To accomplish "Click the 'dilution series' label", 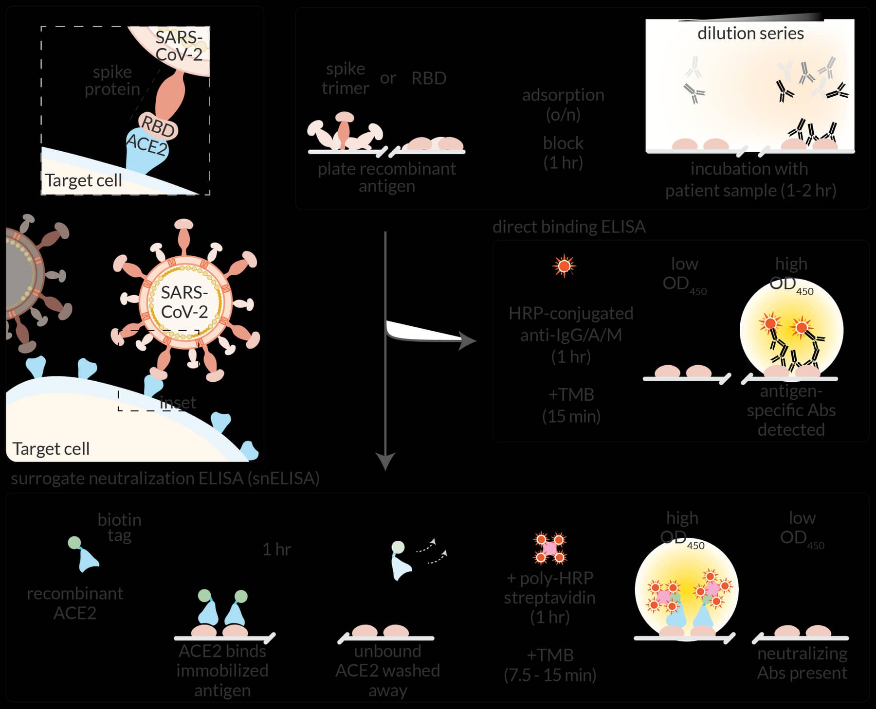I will (750, 34).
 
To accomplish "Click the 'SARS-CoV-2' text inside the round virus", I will (184, 302).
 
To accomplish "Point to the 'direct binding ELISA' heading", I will (568, 227).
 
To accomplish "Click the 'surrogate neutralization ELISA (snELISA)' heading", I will (165, 479).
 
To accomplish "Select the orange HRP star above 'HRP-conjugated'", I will (564, 266).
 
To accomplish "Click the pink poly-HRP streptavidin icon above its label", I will (550, 548).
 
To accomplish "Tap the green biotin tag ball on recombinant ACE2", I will (74, 543).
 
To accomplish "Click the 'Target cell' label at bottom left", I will (51, 448).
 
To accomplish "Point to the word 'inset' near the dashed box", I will (178, 402).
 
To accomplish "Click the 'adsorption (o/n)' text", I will (563, 104).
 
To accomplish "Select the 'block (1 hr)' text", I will (563, 152).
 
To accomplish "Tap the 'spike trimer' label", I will (345, 78).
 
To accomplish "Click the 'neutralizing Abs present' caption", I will (802, 663).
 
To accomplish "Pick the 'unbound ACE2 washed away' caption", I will (387, 670).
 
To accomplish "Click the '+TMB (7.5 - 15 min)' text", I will (550, 665).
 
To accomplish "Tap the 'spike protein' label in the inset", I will (112, 80).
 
